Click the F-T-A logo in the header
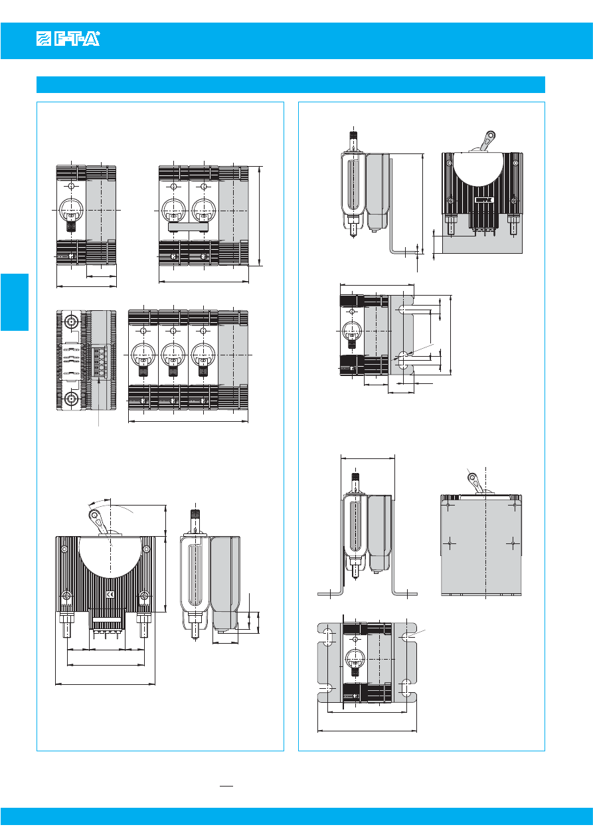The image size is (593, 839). pos(68,41)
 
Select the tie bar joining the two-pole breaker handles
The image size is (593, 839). pos(189,227)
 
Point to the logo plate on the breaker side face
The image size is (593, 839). pos(482,199)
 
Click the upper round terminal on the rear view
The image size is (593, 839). pos(70,324)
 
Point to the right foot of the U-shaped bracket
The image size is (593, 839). pos(405,592)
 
